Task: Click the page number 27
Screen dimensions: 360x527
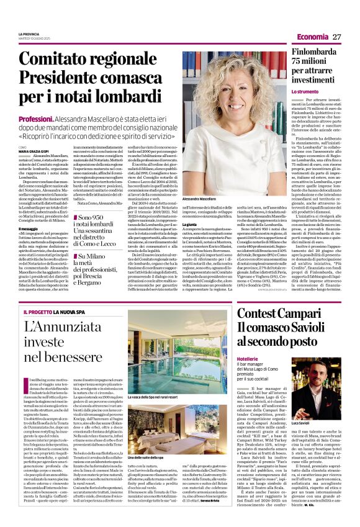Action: pos(337,37)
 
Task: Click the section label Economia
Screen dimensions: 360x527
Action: pos(309,37)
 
